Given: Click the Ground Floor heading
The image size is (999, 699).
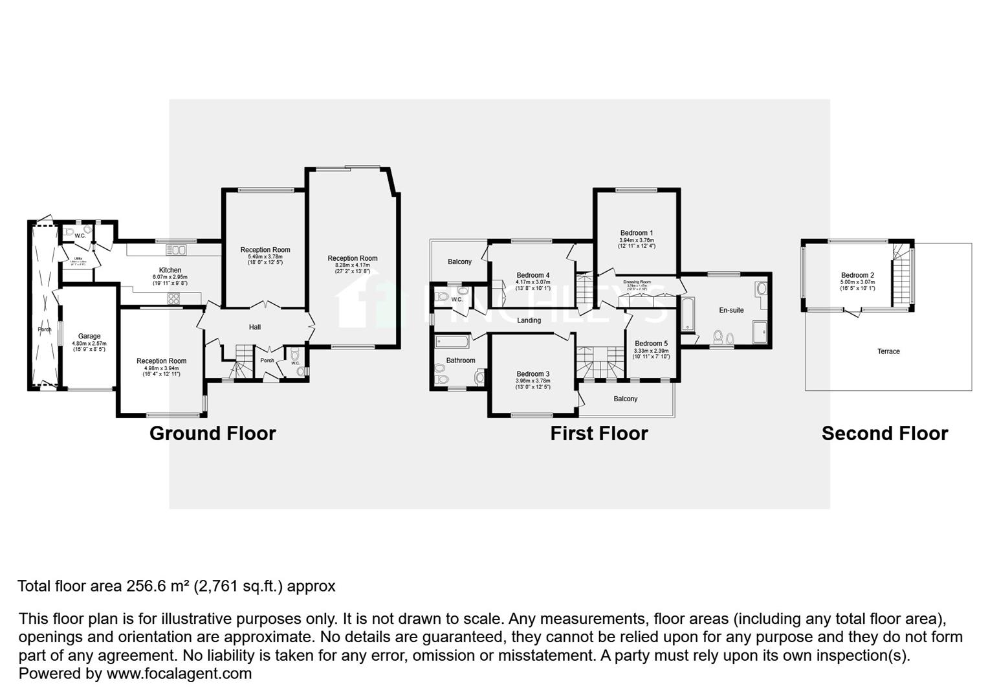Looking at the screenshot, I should (x=212, y=434).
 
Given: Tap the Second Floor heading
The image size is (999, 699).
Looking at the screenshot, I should (x=884, y=434).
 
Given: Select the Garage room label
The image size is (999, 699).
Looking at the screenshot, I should (x=89, y=337).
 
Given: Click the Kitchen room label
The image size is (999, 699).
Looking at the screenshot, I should (x=170, y=271).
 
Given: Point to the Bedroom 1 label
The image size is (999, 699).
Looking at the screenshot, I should (x=637, y=233).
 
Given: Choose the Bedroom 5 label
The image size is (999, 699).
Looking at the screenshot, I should (x=651, y=344).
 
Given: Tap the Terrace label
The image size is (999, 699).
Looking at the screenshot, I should (x=888, y=351).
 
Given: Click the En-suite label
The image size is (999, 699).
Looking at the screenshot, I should (x=731, y=311).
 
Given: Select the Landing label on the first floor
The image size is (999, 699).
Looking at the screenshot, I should (x=529, y=320).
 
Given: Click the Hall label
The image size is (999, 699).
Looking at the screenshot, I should (x=255, y=327).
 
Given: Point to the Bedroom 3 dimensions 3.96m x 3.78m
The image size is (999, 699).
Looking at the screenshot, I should (x=533, y=381).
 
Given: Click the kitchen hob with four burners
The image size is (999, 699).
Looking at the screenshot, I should (x=175, y=298).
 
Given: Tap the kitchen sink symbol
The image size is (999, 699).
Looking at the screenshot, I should (x=176, y=250).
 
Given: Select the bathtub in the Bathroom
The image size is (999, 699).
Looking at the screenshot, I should (x=452, y=340).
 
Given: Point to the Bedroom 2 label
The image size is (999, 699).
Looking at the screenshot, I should (x=857, y=276).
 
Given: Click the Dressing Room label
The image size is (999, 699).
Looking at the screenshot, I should (x=637, y=282).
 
